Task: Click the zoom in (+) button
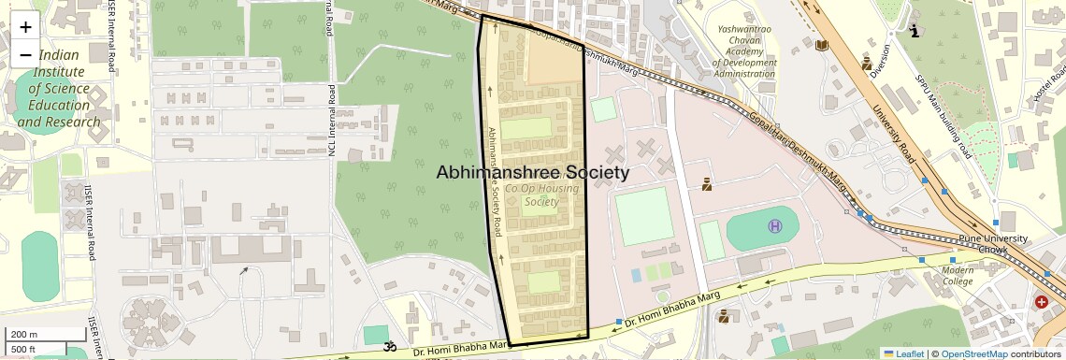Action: tap(25, 27)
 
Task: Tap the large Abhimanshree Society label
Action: tap(533, 173)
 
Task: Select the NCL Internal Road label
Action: tap(332, 127)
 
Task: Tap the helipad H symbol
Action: tap(775, 225)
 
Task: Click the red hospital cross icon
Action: tap(1042, 302)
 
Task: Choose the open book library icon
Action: tap(822, 45)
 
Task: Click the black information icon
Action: tap(915, 31)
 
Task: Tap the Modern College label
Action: tap(958, 275)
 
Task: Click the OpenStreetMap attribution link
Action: tap(973, 353)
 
